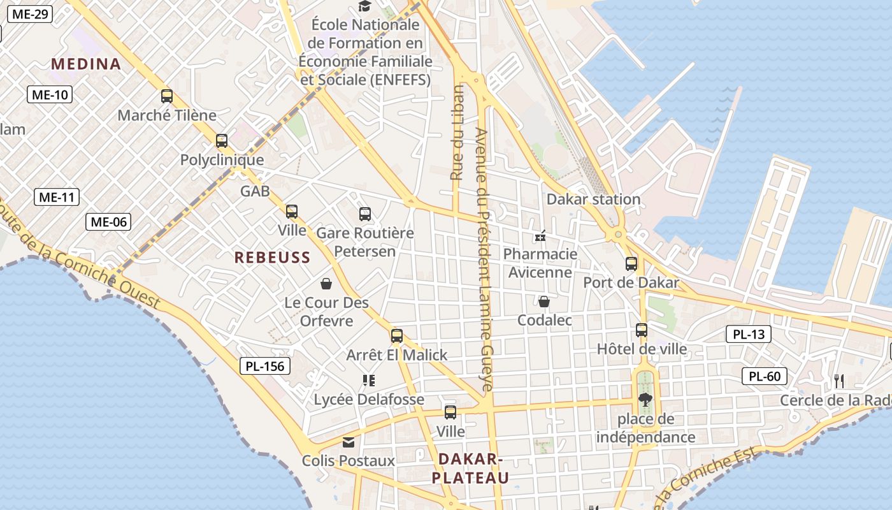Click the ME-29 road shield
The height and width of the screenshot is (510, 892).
coord(29,14)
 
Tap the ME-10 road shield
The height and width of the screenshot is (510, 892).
coord(50,95)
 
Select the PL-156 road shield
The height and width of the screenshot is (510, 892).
coord(266,366)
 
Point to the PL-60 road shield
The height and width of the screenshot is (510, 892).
coord(765,376)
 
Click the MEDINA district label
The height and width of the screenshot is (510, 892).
coord(86,64)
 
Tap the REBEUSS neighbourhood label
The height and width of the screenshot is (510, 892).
coord(272,258)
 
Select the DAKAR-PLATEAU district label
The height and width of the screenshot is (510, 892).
coord(471,469)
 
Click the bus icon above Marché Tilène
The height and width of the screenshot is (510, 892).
coord(167,96)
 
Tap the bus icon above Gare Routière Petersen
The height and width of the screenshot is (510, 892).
coord(365,214)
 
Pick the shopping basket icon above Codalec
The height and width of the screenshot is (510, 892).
coord(544,301)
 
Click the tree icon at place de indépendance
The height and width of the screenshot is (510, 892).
coord(645,400)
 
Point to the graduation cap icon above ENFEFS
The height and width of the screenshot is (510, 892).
coord(364,6)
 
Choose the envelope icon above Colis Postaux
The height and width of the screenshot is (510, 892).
coord(349,442)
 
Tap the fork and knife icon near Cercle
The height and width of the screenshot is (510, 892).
coord(839,381)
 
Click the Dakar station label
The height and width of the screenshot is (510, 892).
coord(593,199)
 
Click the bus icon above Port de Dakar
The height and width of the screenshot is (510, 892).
coord(631,263)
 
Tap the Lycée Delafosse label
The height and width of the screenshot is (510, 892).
coord(369,400)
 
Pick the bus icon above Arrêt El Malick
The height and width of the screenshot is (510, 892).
coord(397,336)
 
